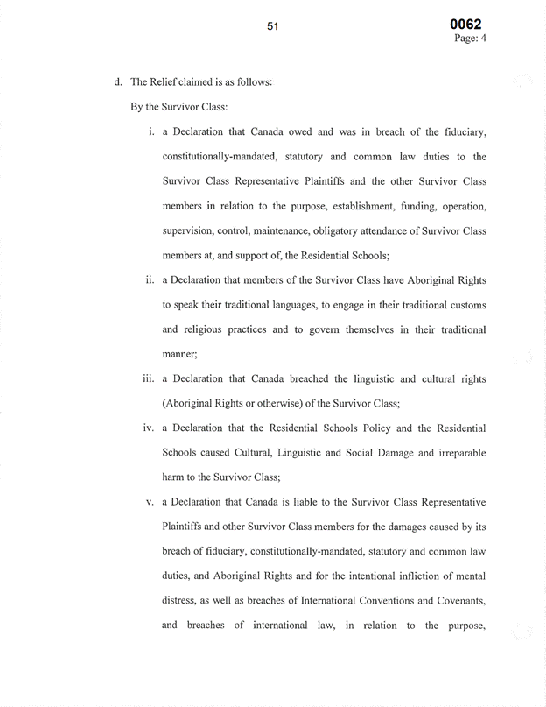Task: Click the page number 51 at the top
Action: pyautogui.click(x=272, y=27)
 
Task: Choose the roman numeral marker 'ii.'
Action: pyautogui.click(x=149, y=280)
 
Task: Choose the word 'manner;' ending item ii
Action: pyautogui.click(x=180, y=354)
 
